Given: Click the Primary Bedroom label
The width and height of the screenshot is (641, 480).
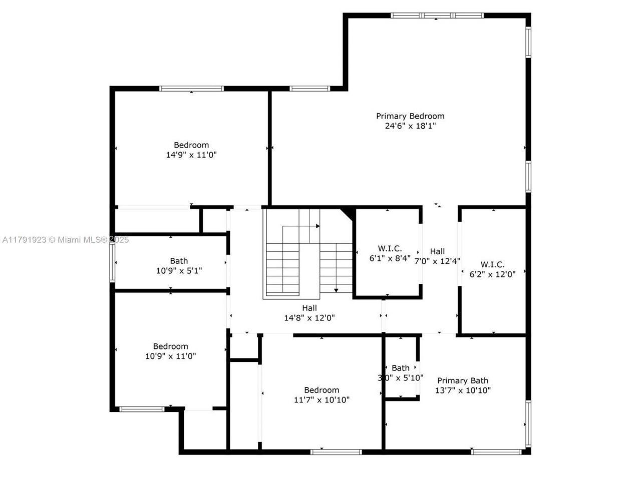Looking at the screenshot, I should (x=410, y=116).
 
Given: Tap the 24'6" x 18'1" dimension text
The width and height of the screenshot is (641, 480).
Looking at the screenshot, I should (x=410, y=126).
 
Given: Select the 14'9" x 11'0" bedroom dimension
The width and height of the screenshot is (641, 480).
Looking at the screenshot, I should (x=191, y=155).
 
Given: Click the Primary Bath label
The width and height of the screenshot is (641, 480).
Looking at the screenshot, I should (x=462, y=380).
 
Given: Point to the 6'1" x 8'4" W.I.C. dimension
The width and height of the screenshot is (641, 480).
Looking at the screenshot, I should (x=390, y=258).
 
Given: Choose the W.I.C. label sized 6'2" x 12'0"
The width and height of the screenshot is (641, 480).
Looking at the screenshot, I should (x=492, y=264).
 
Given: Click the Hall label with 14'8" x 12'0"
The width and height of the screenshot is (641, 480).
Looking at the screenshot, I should (x=309, y=308).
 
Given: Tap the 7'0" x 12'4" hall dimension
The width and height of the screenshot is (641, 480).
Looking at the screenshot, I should (x=437, y=261).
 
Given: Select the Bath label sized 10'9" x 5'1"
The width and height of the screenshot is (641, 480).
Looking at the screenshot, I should (x=179, y=261).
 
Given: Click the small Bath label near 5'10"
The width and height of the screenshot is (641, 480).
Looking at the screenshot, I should (x=400, y=368).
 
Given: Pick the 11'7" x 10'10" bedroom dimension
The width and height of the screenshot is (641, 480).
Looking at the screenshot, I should (x=322, y=400).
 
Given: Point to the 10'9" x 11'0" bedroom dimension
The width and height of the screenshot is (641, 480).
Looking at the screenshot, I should (x=170, y=356).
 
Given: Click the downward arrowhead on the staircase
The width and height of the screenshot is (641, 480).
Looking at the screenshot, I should (x=336, y=290).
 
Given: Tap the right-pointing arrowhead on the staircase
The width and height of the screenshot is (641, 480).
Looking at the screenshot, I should (x=317, y=226).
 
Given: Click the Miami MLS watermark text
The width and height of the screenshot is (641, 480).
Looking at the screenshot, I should (x=65, y=240).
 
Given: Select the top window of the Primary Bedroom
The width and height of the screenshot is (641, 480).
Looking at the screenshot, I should (x=437, y=16).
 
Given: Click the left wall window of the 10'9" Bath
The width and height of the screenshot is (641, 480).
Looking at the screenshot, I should (x=113, y=262).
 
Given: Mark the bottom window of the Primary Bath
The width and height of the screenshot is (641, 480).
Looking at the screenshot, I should (x=496, y=452).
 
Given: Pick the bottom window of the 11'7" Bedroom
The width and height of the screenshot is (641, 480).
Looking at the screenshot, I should (x=336, y=452).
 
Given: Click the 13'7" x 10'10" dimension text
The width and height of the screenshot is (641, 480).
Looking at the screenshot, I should (x=462, y=390).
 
